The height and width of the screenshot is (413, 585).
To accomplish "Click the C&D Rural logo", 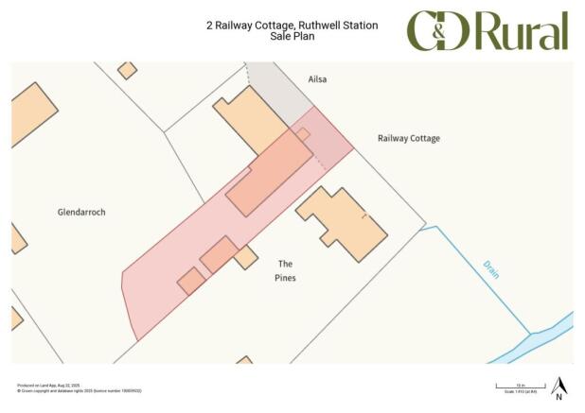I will click(x=487, y=31).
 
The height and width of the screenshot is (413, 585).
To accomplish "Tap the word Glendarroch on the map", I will click(x=81, y=213).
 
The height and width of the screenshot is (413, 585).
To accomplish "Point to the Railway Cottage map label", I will click(x=409, y=138).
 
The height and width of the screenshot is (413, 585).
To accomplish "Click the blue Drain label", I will click(x=490, y=268).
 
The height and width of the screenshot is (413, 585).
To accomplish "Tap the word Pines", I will click(x=286, y=278).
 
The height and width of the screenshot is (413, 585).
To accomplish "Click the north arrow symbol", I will click(x=559, y=386).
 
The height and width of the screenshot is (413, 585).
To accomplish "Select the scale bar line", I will click(x=515, y=387).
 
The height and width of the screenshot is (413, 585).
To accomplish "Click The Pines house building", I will click(x=341, y=222).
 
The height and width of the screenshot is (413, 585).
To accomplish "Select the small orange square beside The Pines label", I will click(x=246, y=256).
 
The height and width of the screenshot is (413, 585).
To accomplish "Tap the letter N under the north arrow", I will click(x=559, y=397).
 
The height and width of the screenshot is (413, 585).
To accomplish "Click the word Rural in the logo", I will click(x=522, y=32).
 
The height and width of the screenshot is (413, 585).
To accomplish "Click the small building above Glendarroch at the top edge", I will click(x=127, y=70).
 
